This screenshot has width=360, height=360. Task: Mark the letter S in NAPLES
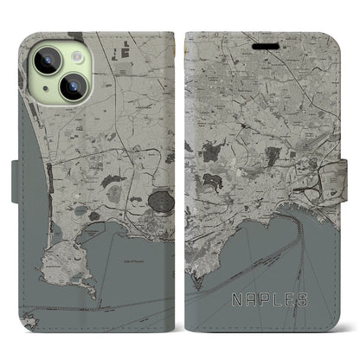313,299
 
